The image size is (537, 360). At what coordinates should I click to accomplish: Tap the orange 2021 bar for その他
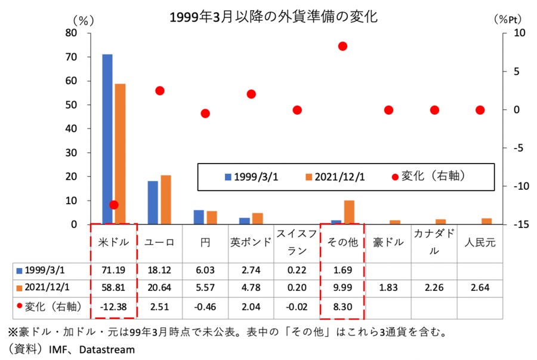(349, 213)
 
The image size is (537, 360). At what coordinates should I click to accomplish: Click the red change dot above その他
(342, 46)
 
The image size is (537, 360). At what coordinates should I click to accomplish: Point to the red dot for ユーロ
(159, 91)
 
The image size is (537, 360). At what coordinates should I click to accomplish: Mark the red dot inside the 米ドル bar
(114, 205)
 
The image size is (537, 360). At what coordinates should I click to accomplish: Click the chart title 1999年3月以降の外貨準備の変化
(274, 17)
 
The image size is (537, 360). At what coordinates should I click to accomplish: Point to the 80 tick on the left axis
(71, 33)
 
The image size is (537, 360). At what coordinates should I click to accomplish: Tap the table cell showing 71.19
(114, 269)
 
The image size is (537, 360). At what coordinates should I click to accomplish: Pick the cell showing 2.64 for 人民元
(480, 288)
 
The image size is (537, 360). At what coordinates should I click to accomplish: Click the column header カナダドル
(434, 242)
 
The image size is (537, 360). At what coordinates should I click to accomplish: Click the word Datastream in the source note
(107, 349)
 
